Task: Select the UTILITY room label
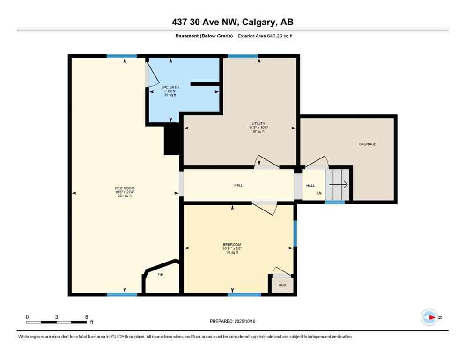(x=258, y=123)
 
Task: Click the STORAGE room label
(x=368, y=144)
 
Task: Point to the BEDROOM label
(x=232, y=244)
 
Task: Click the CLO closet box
(x=282, y=285)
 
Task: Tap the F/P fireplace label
(x=160, y=275)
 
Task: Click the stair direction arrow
(x=339, y=185)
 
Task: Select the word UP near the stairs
(x=320, y=193)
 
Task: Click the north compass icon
(x=429, y=317)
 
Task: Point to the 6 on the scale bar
(x=87, y=317)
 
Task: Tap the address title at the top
(x=232, y=22)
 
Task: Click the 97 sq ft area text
(x=258, y=131)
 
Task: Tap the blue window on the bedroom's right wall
(x=295, y=233)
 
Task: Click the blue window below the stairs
(x=334, y=202)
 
